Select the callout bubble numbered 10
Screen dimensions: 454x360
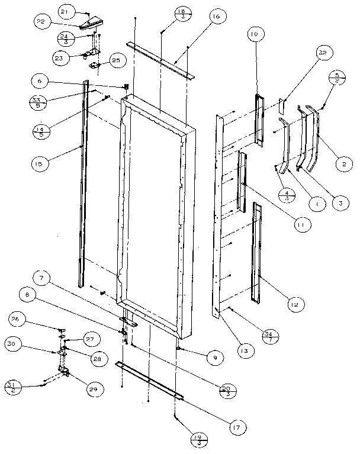(254, 36)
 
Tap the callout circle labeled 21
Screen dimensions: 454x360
(65, 11)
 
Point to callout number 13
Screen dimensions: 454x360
(244, 350)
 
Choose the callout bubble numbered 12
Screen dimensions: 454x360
(292, 304)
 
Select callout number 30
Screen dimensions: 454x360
(12, 343)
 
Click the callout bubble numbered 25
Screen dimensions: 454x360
(115, 60)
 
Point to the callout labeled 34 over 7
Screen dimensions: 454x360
(268, 337)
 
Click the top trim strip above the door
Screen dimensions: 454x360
(160, 59)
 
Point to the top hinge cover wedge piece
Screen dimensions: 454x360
(88, 25)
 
